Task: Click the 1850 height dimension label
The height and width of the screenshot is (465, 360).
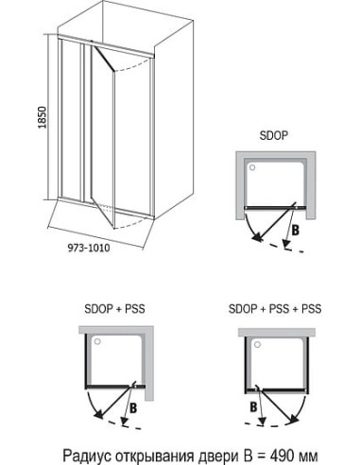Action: click(x=43, y=117)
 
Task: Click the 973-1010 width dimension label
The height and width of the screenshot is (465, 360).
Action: click(x=89, y=248)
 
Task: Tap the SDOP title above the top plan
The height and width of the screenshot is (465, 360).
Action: click(x=274, y=135)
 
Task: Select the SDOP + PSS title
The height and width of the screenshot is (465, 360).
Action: click(x=114, y=309)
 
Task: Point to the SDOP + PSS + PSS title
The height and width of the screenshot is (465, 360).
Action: click(x=275, y=309)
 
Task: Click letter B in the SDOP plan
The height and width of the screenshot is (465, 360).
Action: click(x=295, y=231)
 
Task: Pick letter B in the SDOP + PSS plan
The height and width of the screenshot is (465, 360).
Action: click(x=133, y=408)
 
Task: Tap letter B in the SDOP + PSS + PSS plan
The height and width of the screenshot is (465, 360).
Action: click(x=253, y=407)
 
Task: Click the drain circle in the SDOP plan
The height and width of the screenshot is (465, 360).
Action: click(x=252, y=167)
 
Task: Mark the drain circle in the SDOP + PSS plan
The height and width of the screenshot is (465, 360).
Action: click(x=97, y=341)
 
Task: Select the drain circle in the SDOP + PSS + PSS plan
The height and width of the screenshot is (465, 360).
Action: click(x=258, y=344)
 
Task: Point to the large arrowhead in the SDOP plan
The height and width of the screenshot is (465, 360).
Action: click(x=258, y=237)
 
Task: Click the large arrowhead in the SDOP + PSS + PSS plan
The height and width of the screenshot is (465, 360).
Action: click(x=294, y=418)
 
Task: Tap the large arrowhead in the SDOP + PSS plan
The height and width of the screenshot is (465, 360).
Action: click(x=98, y=413)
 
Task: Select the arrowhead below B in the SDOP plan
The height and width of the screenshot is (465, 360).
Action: click(x=286, y=243)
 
